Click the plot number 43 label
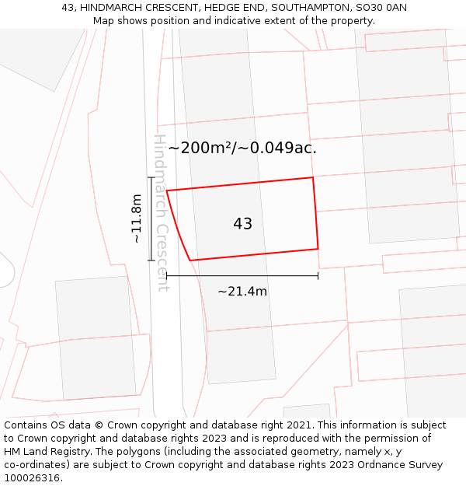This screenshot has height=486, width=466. click(x=242, y=224)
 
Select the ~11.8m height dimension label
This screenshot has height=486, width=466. click(x=137, y=219)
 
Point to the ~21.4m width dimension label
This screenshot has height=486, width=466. click(x=242, y=292)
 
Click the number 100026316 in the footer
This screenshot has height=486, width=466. click(x=31, y=478)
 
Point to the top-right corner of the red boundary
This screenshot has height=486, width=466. click(x=313, y=178)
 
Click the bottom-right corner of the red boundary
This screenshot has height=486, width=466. click(x=318, y=249)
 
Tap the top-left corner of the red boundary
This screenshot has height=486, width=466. click(x=167, y=191)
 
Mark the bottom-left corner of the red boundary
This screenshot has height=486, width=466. click(x=190, y=260)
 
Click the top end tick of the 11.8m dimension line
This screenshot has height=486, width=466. click(x=151, y=178)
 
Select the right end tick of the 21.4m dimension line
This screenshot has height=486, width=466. click(x=318, y=275)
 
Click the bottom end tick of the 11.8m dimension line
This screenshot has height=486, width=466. click(x=151, y=260)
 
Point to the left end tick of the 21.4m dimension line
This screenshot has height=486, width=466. click(x=167, y=275)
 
